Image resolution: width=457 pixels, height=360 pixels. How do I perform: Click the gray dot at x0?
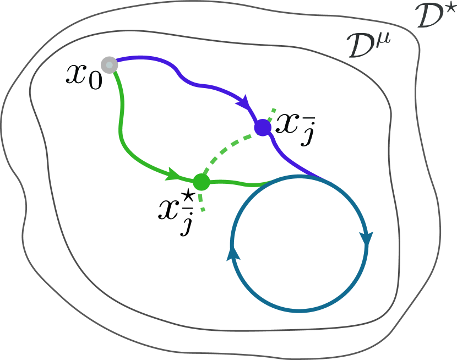tap(110, 64)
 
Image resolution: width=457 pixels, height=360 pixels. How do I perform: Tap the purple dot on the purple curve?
tap(262, 128)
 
